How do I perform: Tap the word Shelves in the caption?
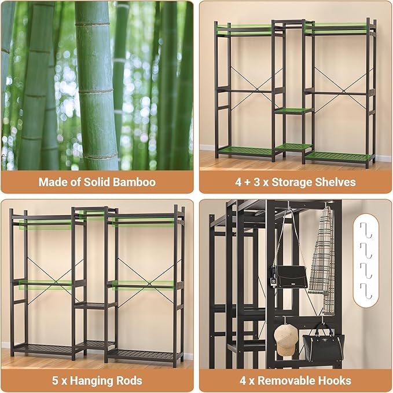coord(335,182)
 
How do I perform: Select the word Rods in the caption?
coord(128,381)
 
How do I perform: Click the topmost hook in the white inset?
coord(365,230)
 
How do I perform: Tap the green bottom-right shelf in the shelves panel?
coord(339,155)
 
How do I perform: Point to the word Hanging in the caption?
coord(91,381)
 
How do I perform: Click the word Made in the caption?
coord(51,182)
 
